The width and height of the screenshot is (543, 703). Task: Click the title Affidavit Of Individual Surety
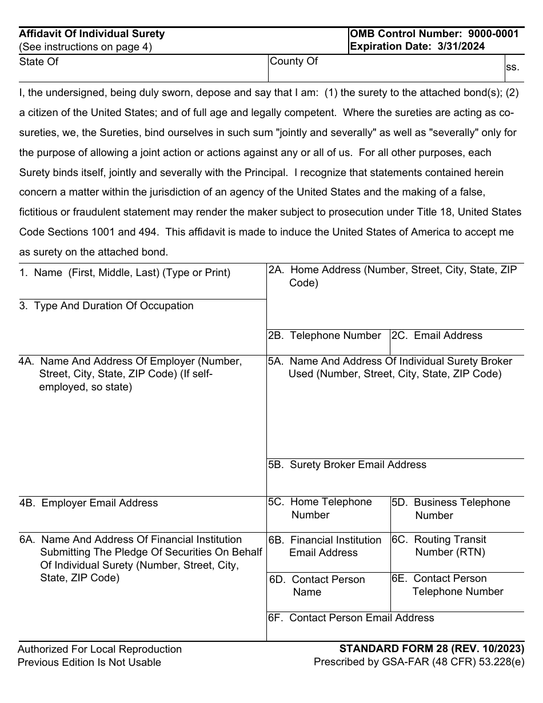click(91, 34)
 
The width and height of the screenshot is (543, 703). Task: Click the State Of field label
click(39, 62)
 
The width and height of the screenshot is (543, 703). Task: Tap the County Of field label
click(293, 61)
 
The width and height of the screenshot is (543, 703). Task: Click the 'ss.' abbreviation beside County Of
click(512, 67)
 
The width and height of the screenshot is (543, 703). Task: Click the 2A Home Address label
click(393, 275)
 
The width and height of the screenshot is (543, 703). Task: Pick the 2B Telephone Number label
click(325, 335)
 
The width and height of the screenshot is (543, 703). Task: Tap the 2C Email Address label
click(437, 335)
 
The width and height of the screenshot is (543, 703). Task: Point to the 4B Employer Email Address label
click(89, 503)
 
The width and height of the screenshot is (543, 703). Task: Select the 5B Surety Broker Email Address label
click(347, 465)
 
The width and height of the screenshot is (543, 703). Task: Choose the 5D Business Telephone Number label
click(451, 509)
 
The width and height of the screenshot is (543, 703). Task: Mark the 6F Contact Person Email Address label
click(351, 618)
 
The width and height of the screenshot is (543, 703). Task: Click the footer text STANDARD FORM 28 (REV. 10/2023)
click(432, 649)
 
